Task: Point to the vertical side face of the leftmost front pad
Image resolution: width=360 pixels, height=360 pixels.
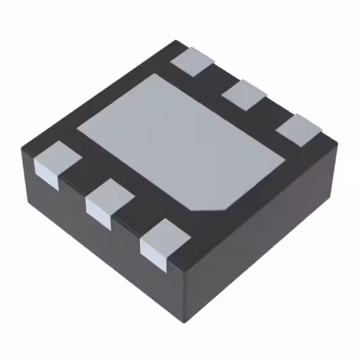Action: coord(46,175)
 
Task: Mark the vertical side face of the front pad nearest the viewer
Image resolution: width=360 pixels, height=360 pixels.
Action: coord(154,256)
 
